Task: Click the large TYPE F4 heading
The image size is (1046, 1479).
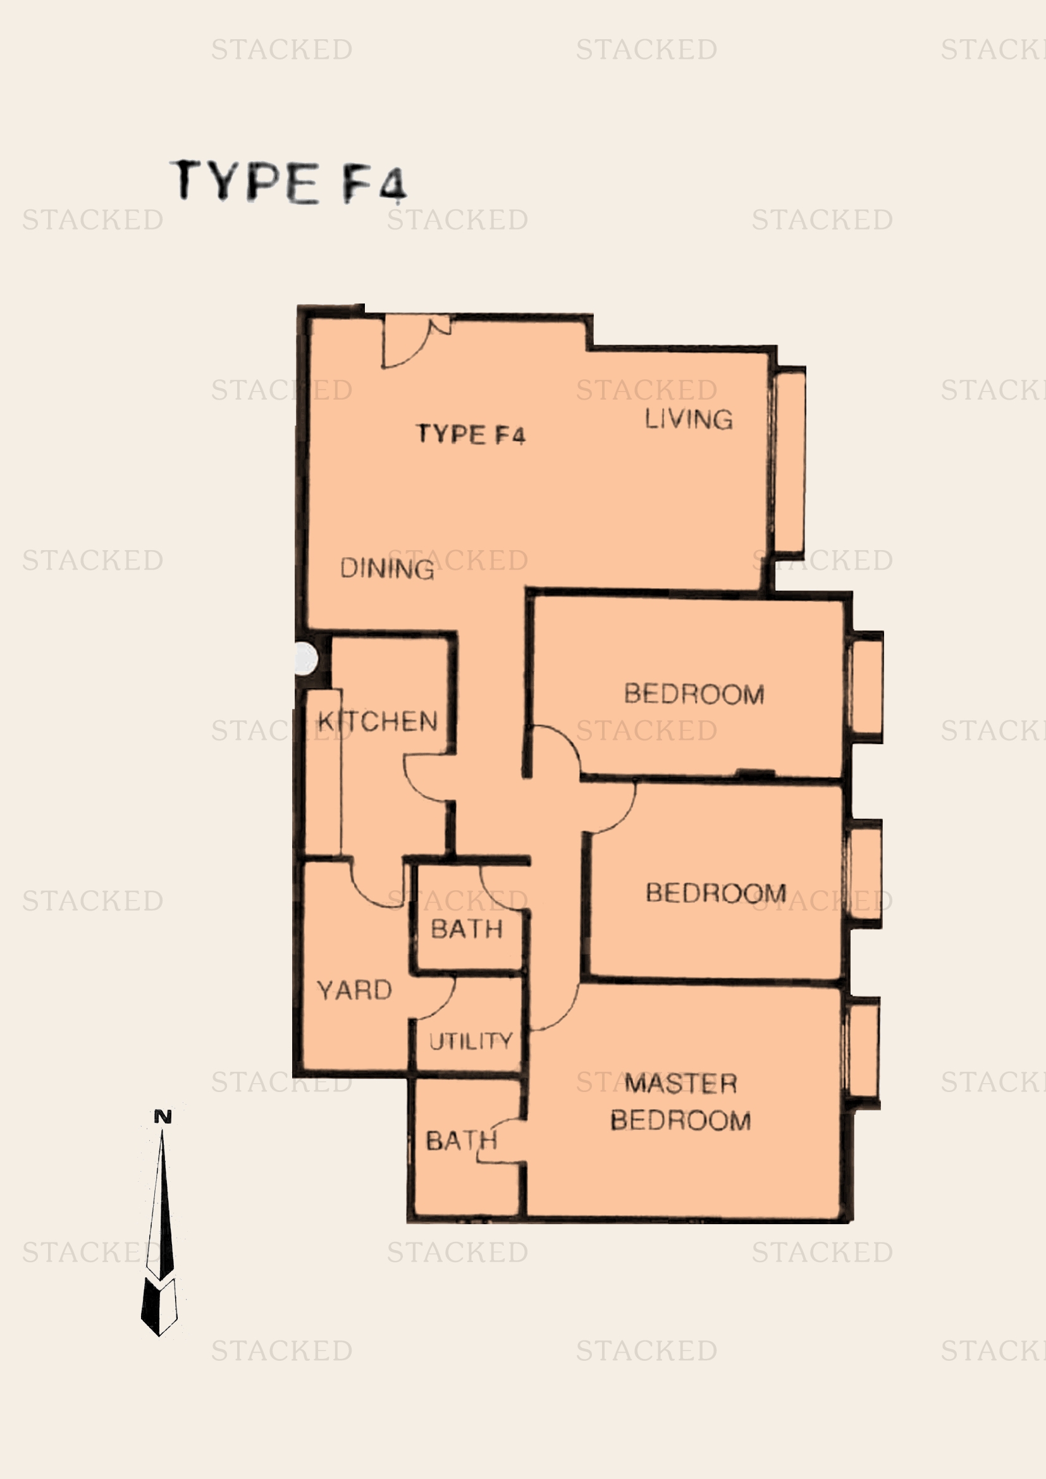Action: (x=288, y=181)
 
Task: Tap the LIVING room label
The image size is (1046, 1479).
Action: (x=689, y=419)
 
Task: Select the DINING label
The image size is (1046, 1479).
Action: (x=387, y=569)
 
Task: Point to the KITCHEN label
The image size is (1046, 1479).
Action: (x=378, y=721)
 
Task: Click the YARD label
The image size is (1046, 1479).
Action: (x=354, y=990)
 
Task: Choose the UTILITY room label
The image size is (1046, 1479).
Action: (x=471, y=1041)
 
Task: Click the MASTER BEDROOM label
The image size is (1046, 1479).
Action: (x=681, y=1102)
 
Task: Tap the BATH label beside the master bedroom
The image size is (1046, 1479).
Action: (x=462, y=1141)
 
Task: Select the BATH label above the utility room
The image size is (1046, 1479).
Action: (x=466, y=929)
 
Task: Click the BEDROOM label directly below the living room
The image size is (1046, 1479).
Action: (x=694, y=694)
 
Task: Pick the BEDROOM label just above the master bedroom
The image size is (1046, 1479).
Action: (x=716, y=893)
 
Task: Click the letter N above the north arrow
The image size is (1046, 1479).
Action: (x=163, y=1116)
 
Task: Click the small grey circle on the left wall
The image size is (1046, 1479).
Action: (x=306, y=659)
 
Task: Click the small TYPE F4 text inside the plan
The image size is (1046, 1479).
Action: (x=471, y=434)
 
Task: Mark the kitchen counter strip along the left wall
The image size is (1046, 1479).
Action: (x=323, y=772)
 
